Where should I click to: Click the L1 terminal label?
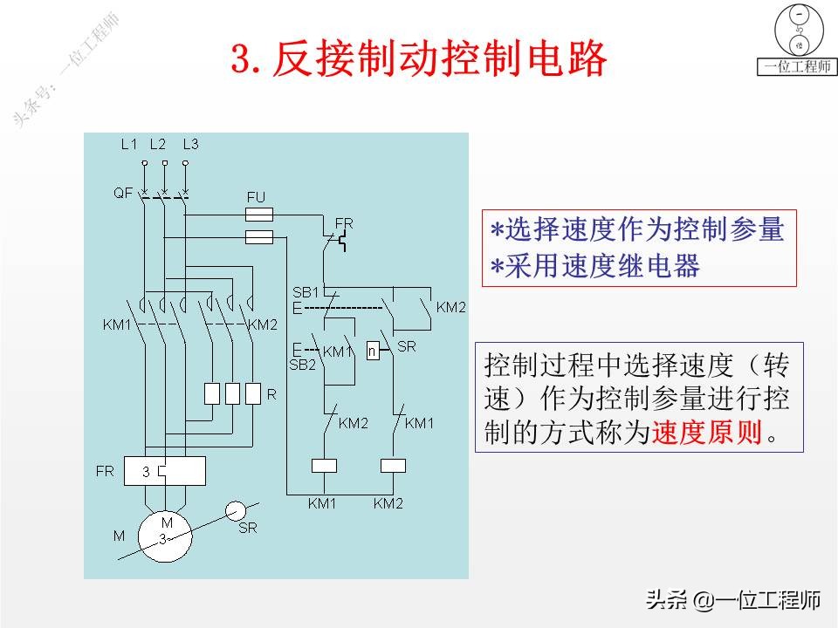[x=128, y=145]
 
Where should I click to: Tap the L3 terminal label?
[x=190, y=145]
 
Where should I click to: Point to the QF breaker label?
[x=122, y=193]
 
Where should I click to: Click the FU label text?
[x=255, y=198]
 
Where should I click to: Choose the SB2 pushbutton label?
[x=302, y=364]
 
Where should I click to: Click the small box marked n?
[x=373, y=352]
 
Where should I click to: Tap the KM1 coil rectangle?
[x=324, y=465]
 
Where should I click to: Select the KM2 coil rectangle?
[x=393, y=465]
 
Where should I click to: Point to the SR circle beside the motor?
[x=236, y=511]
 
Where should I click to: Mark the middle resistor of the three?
[x=232, y=394]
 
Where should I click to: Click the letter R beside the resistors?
[x=271, y=395]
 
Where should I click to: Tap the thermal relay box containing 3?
[x=164, y=471]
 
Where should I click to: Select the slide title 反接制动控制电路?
[x=418, y=59]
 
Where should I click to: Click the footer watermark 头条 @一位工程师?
[x=732, y=600]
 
